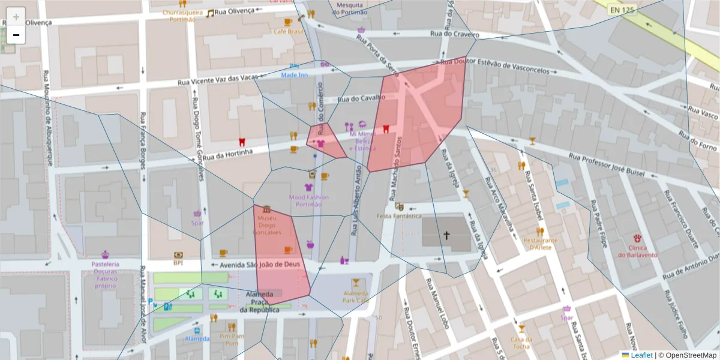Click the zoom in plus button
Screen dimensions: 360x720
coord(16,17)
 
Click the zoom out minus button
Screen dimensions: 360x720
coord(16,35)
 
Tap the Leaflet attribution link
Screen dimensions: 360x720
coord(641,355)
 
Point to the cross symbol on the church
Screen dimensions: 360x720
coord(446,235)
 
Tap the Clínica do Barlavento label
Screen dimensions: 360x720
coord(637,251)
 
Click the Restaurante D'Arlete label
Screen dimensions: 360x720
coord(540,243)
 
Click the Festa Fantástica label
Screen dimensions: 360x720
coord(398,215)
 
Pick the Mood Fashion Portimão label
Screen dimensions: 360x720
coord(309,200)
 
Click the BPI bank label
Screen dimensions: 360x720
coord(178,262)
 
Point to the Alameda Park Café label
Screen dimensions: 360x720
coord(356,296)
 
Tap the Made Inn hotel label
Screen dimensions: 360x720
coord(295,74)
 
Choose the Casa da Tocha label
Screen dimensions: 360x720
coord(521,342)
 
